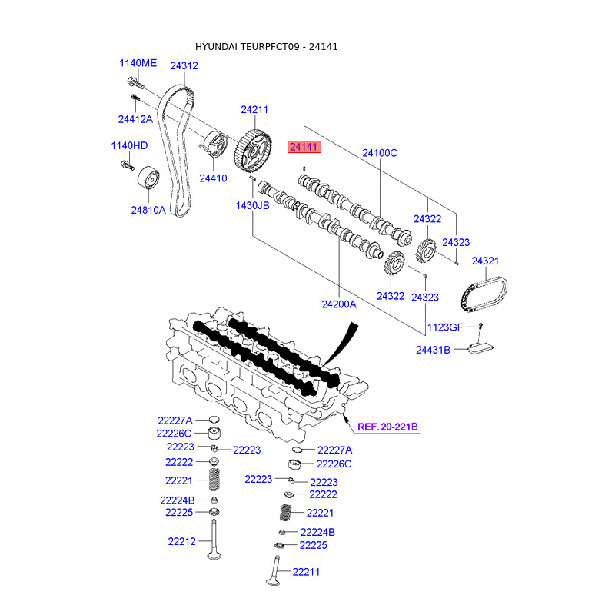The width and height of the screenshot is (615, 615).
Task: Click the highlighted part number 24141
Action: coord(304,147)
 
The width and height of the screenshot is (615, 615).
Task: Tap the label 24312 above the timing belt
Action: coord(184,66)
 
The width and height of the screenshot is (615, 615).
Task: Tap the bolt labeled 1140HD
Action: coord(128,165)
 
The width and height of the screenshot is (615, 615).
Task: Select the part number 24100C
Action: coord(380,153)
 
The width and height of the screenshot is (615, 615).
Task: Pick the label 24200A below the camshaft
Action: coord(339,304)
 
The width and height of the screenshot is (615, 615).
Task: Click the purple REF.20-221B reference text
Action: coord(387,427)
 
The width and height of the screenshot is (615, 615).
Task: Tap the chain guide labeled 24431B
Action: coord(479,349)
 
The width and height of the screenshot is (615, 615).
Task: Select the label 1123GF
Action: coord(445,327)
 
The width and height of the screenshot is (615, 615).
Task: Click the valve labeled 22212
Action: coord(214,540)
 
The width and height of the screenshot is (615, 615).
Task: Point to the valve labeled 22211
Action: coord(274,571)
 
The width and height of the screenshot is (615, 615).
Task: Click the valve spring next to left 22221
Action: coord(214,479)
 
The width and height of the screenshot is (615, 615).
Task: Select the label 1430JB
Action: coord(252,205)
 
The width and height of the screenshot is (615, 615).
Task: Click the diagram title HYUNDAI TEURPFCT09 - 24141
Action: coord(266,47)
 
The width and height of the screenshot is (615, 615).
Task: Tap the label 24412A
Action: coord(135,119)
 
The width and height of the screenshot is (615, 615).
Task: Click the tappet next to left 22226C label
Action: coord(214,433)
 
